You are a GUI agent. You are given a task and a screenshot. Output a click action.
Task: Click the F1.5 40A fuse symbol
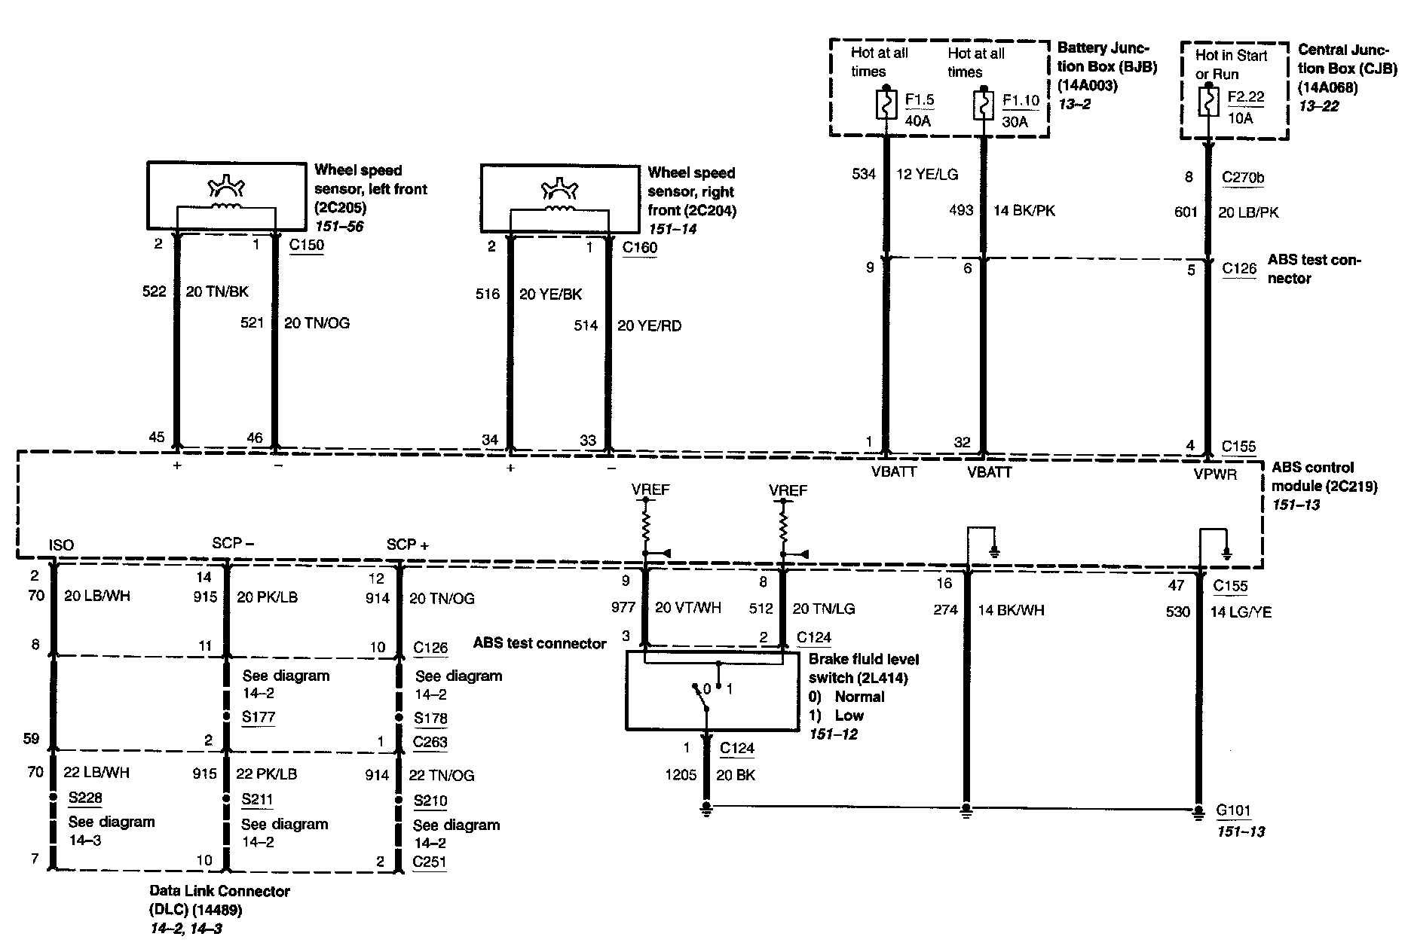coord(886,105)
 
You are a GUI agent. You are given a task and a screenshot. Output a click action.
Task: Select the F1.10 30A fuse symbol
coord(983,105)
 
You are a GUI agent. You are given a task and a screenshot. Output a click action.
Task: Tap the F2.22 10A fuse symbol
coord(1207,102)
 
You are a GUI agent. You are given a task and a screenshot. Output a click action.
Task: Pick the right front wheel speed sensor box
coord(559,198)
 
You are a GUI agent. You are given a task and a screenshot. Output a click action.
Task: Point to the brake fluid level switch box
coord(712,691)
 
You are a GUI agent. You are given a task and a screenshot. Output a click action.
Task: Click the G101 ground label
coord(1233,811)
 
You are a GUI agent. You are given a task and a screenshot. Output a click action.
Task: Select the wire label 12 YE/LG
coord(927,174)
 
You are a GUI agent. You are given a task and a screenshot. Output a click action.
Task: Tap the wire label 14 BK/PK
coord(1024,210)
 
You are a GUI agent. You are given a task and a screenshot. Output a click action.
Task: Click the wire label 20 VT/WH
coord(687,608)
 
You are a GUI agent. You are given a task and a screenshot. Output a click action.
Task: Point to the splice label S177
coord(258,716)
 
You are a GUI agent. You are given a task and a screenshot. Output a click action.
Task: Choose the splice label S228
coord(85,798)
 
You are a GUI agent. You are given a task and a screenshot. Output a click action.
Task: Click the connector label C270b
coord(1243,178)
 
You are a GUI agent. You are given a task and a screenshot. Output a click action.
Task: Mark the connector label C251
coord(430,862)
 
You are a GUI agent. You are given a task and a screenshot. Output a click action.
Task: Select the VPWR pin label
coord(1215,474)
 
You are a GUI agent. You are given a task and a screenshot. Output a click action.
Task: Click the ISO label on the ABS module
coord(61,545)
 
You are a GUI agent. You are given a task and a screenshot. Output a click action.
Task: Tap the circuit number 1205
coord(681,774)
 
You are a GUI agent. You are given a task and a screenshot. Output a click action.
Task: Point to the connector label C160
coord(640,247)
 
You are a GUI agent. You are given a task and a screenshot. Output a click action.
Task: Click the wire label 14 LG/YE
coord(1241,612)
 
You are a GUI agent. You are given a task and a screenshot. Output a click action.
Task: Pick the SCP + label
coord(407,544)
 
